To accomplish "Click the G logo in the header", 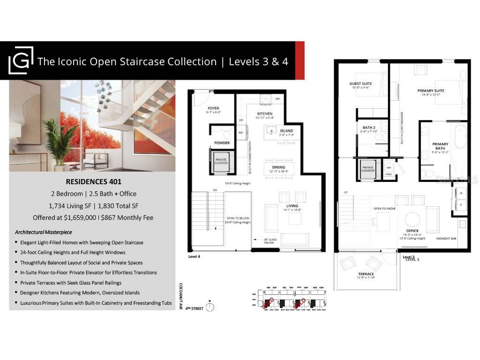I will [21, 60].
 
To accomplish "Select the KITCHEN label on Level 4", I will [265, 114].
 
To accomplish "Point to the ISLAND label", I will [286, 131].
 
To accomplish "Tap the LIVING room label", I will [292, 206].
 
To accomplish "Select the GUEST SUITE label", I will [361, 84].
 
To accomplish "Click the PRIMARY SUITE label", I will [431, 90].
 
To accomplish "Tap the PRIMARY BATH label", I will [440, 146].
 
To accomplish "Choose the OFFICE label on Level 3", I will [412, 231].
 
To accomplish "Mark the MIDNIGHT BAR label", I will [446, 239].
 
